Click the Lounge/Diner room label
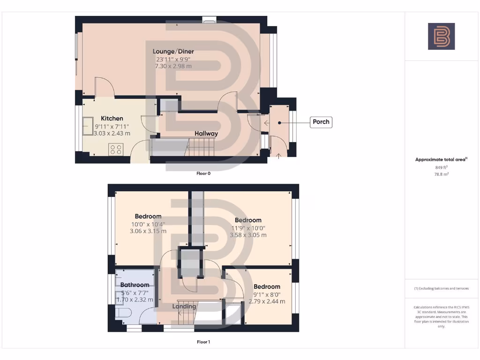(173, 52)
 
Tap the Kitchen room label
(112, 119)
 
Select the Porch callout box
(321, 122)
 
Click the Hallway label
(206, 134)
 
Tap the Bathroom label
(135, 285)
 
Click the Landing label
(184, 307)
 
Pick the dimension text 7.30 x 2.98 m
(173, 67)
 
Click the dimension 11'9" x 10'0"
(248, 228)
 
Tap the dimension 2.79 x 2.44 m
(267, 301)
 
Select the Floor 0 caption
(203, 173)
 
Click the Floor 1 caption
(203, 342)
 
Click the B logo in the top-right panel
(441, 37)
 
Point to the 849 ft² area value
(441, 167)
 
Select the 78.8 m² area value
(441, 174)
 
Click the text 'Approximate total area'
(441, 160)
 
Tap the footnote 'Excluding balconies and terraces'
(441, 288)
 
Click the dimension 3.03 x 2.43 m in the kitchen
(112, 134)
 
